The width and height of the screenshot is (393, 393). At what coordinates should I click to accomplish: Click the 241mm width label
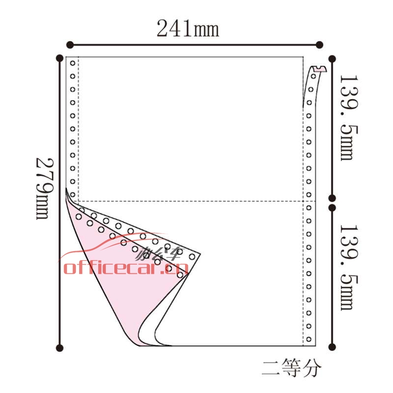coord(188,28)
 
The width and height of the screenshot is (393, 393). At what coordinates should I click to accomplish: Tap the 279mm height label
coord(45,189)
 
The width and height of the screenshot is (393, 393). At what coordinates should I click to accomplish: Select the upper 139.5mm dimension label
coord(349,117)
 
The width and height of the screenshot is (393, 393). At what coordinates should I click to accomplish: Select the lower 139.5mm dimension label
coord(349,267)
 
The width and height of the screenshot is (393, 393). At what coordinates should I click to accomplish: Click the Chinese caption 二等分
coord(292,368)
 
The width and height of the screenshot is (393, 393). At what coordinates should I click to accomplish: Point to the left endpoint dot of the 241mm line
coord(70,45)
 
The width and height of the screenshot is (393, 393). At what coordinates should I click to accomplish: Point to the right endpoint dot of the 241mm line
coord(319,45)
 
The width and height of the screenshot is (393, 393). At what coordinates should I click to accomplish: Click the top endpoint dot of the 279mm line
coord(60,58)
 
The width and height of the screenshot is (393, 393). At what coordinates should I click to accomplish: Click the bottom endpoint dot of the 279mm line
coord(60,348)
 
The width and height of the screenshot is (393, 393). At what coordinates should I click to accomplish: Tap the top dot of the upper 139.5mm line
coord(332,59)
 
